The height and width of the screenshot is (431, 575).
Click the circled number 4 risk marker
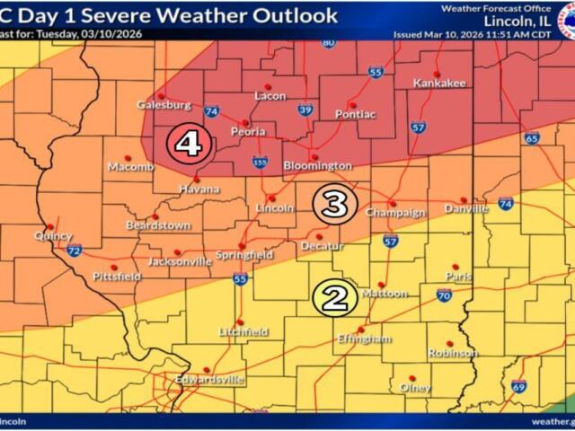click(x=190, y=143)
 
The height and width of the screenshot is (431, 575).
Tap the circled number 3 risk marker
click(x=332, y=205)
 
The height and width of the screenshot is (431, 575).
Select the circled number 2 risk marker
click(x=335, y=297)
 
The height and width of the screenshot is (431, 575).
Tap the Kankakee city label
click(x=439, y=84)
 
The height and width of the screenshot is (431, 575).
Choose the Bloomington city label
click(x=317, y=166)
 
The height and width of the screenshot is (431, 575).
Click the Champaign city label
click(x=394, y=213)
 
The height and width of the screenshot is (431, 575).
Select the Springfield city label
click(x=243, y=255)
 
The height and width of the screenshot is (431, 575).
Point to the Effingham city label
click(x=364, y=339)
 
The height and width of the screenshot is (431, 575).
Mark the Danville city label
click(x=465, y=209)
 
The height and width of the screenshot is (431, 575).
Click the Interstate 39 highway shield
click(x=305, y=110)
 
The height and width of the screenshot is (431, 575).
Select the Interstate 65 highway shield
click(x=532, y=138)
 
